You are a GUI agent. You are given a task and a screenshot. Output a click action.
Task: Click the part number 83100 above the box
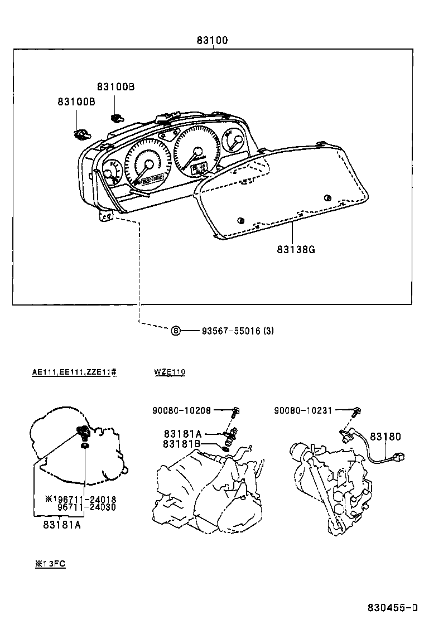coord(211,41)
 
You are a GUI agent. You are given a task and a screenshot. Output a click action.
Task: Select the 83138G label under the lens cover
coord(296,249)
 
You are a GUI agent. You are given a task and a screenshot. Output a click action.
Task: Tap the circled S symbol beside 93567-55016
coord(176,331)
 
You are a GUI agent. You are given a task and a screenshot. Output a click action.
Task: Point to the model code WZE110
coord(170,372)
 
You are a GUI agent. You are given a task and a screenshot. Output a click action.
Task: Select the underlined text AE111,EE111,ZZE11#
coord(74,372)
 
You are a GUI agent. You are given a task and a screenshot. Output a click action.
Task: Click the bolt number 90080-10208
coord(181,410)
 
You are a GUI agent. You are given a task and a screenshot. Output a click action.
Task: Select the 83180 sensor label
coord(385,437)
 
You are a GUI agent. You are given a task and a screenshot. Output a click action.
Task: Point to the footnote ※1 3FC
coord(50,564)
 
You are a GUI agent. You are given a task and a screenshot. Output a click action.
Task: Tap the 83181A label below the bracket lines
coord(61,524)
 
